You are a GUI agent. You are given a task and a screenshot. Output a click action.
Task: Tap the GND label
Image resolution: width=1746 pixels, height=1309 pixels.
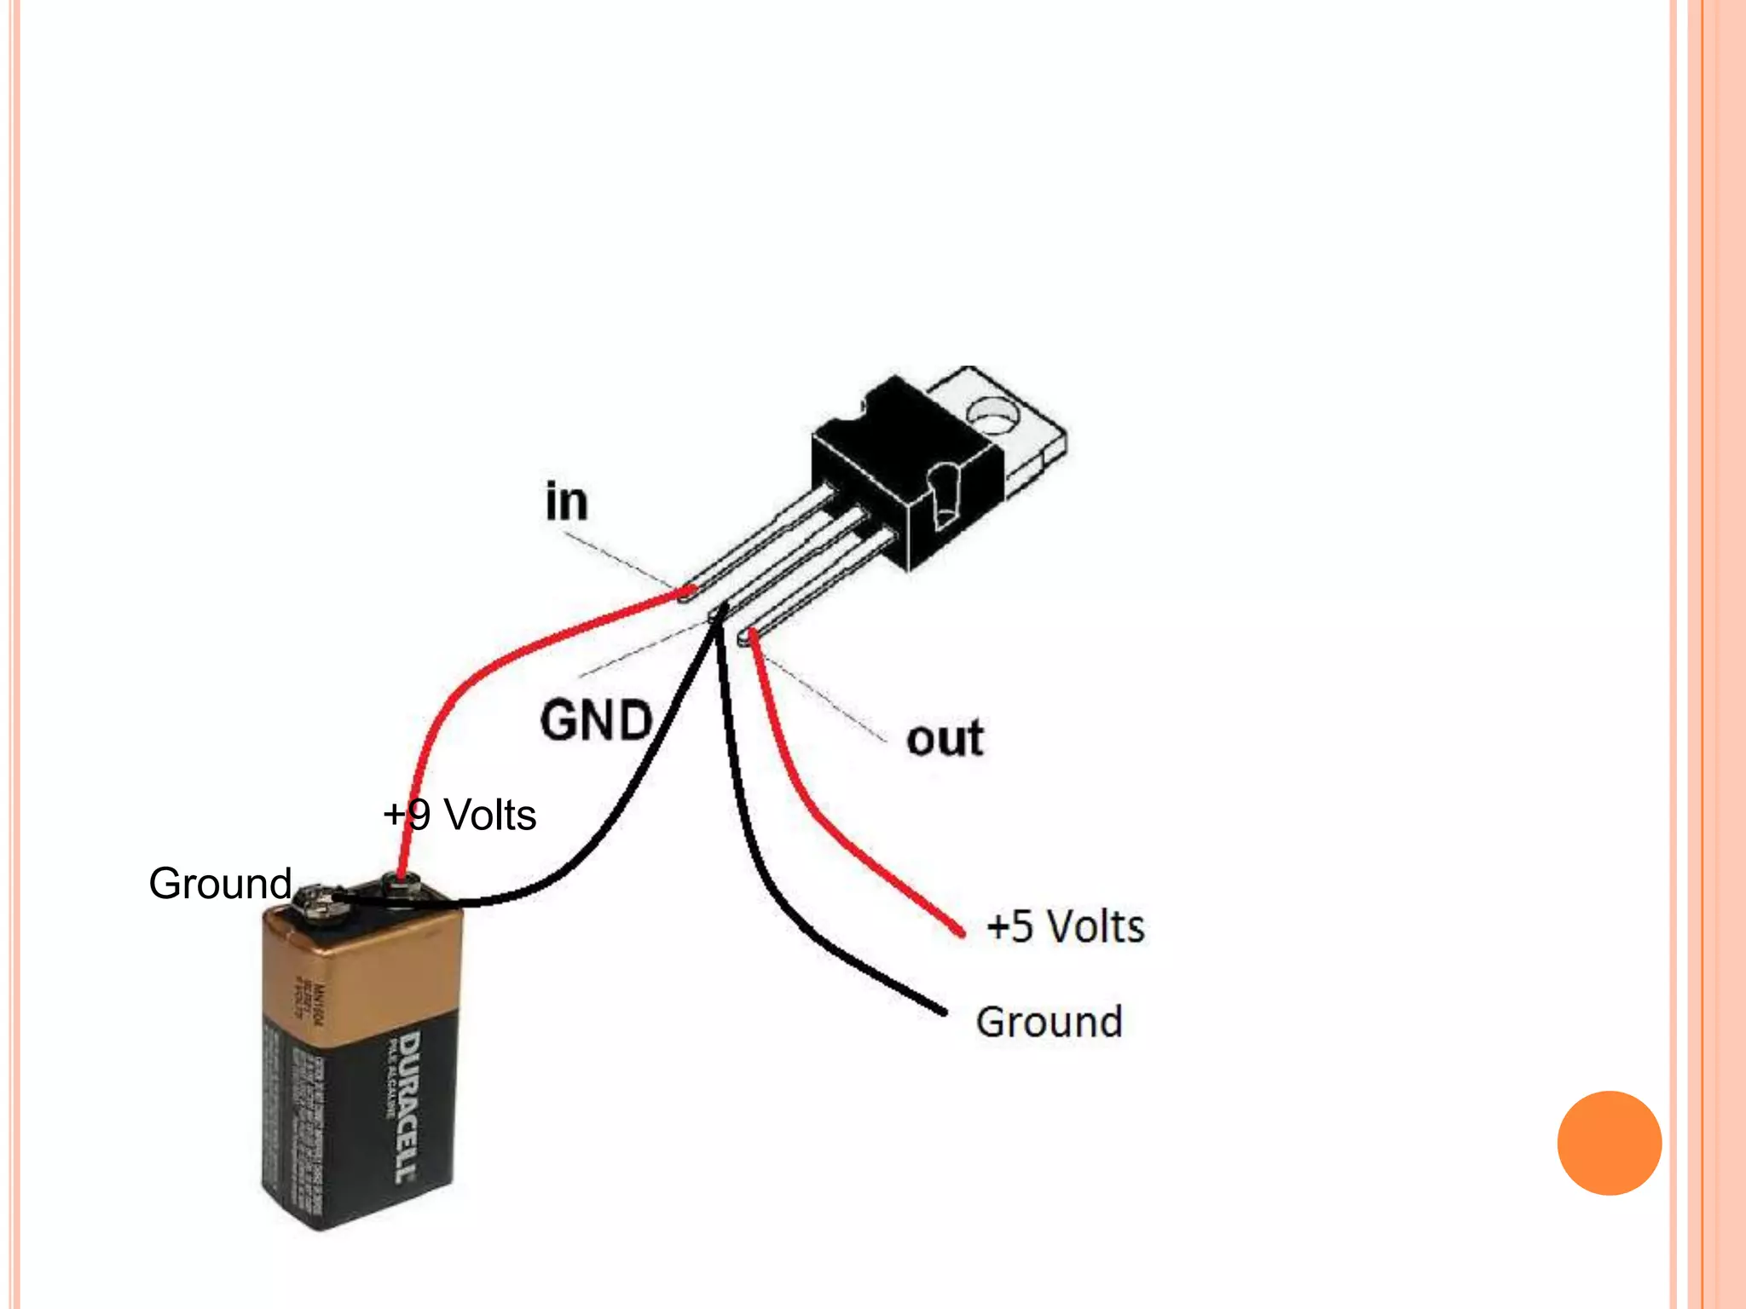point(596,720)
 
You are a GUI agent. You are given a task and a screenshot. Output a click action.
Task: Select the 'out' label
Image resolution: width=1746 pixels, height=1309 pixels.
point(945,738)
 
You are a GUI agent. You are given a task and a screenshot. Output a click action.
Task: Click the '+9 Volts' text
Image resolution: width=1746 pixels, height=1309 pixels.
point(460,815)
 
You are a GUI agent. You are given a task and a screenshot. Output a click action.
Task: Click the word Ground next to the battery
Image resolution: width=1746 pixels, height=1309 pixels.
point(220,883)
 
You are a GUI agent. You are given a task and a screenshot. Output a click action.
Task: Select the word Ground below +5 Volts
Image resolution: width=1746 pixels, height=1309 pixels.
point(1049,1021)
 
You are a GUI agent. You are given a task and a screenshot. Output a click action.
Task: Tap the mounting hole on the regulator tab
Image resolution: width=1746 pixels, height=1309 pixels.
point(994,415)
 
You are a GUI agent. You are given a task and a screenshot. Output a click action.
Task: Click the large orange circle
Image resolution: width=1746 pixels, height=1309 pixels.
point(1609,1143)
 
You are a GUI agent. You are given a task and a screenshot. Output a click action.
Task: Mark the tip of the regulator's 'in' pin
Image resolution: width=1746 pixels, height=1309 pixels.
point(687,591)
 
